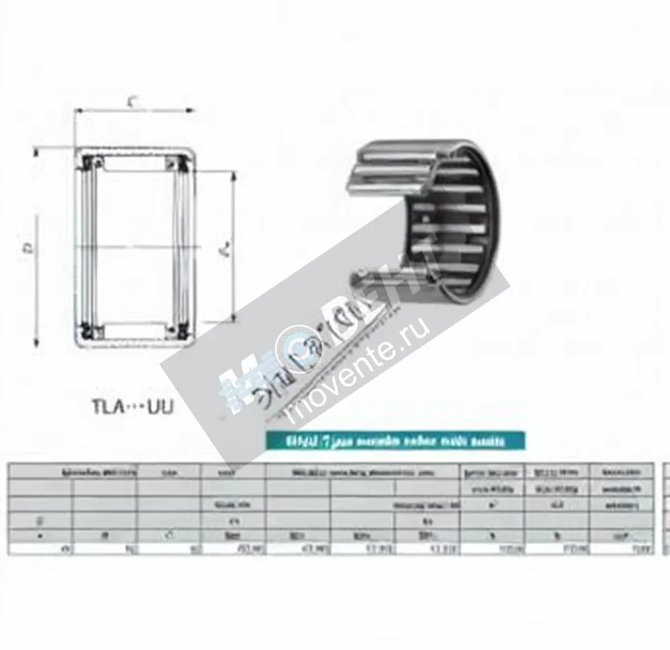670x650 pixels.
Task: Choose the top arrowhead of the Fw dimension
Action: [233, 175]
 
